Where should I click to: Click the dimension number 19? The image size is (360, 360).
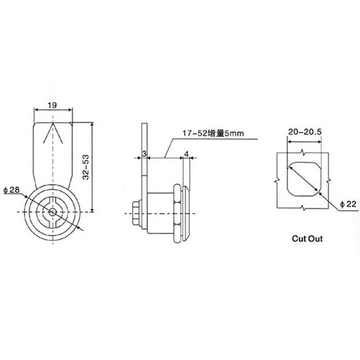pos(52,105)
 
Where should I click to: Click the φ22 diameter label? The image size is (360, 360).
pos(349,204)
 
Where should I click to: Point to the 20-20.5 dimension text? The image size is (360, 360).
pos(304,132)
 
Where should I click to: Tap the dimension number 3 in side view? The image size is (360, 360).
pos(143,153)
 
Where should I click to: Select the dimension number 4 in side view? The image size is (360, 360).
pos(186,153)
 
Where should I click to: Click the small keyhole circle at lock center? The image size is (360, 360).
pos(53,211)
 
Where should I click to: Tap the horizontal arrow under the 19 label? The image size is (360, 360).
pos(53,110)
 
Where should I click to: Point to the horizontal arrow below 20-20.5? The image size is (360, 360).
pos(304,141)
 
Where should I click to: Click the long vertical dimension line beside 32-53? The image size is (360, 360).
pos(92,166)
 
